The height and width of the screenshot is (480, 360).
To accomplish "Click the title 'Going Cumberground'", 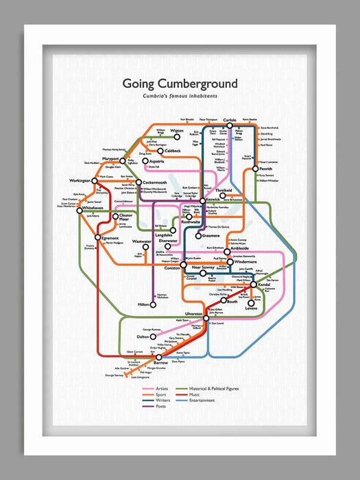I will pyautogui.click(x=180, y=84).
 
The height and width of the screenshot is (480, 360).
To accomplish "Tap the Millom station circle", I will pyautogui.click(x=154, y=304).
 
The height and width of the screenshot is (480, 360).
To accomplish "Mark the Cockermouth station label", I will pyautogui.click(x=155, y=182).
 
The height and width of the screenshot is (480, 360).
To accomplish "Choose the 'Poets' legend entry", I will pyautogui.click(x=160, y=406).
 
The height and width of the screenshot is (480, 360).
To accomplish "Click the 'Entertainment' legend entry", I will pyautogui.click(x=202, y=400).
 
